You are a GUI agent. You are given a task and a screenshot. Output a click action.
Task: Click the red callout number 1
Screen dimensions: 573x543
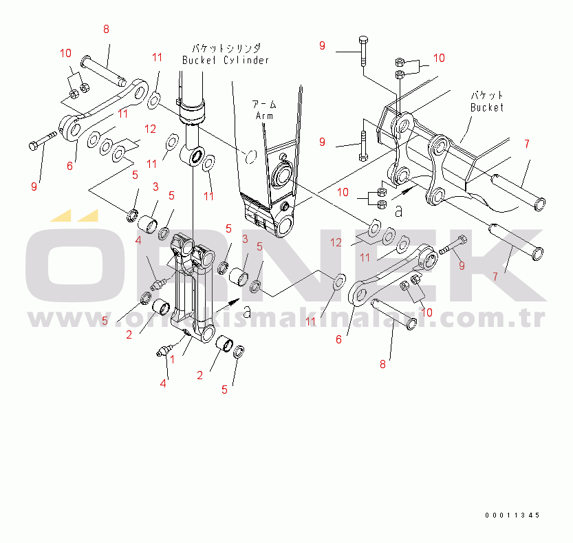(x=172, y=359)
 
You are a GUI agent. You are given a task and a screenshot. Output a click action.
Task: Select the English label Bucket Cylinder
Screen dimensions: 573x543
(x=225, y=61)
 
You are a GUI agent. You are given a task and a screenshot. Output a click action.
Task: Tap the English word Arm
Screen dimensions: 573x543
(x=265, y=116)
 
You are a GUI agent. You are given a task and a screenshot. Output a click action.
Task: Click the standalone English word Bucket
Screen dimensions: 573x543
(x=487, y=107)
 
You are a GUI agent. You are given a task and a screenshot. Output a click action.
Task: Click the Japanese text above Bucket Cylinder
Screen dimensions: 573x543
(x=225, y=47)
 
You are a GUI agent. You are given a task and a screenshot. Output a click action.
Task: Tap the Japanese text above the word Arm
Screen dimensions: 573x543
(x=264, y=104)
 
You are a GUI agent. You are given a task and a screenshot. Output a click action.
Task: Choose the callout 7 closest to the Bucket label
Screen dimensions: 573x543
(x=526, y=145)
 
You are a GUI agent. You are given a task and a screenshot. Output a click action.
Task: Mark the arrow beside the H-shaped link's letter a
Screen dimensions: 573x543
(x=235, y=301)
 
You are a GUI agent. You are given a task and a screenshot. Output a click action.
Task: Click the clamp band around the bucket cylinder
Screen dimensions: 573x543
(x=193, y=109)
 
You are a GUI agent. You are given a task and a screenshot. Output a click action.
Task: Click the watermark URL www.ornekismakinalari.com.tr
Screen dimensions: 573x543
(x=286, y=319)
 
